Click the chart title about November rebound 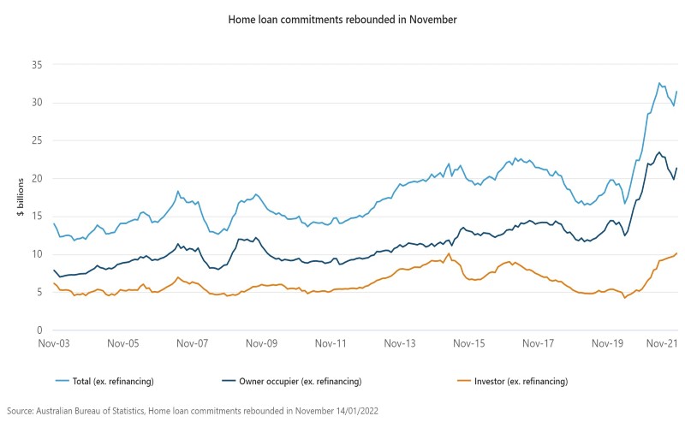coord(342,18)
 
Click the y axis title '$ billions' coord(21,198)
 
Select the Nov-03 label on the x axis coord(54,344)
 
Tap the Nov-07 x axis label coord(193,344)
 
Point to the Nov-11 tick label coord(331,344)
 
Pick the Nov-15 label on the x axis coord(469,344)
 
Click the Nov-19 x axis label coord(608,344)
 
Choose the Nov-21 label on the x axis coord(661,344)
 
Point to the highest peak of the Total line coord(659,83)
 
